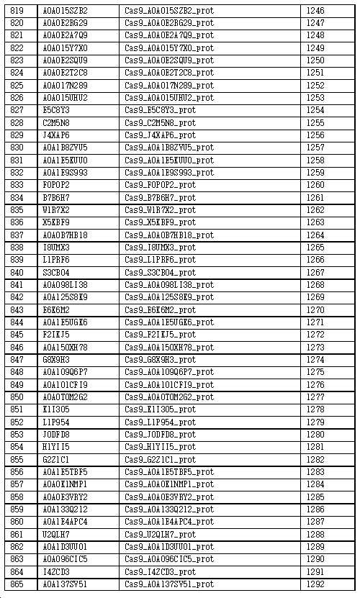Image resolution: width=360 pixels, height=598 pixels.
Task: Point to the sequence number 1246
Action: tap(315, 11)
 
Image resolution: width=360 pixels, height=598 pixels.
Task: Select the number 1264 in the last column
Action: tap(315, 235)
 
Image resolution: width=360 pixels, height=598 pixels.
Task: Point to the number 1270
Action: tap(315, 309)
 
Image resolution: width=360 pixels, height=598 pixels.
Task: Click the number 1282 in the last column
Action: tap(315, 459)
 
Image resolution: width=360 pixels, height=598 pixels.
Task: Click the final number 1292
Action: tap(315, 584)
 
